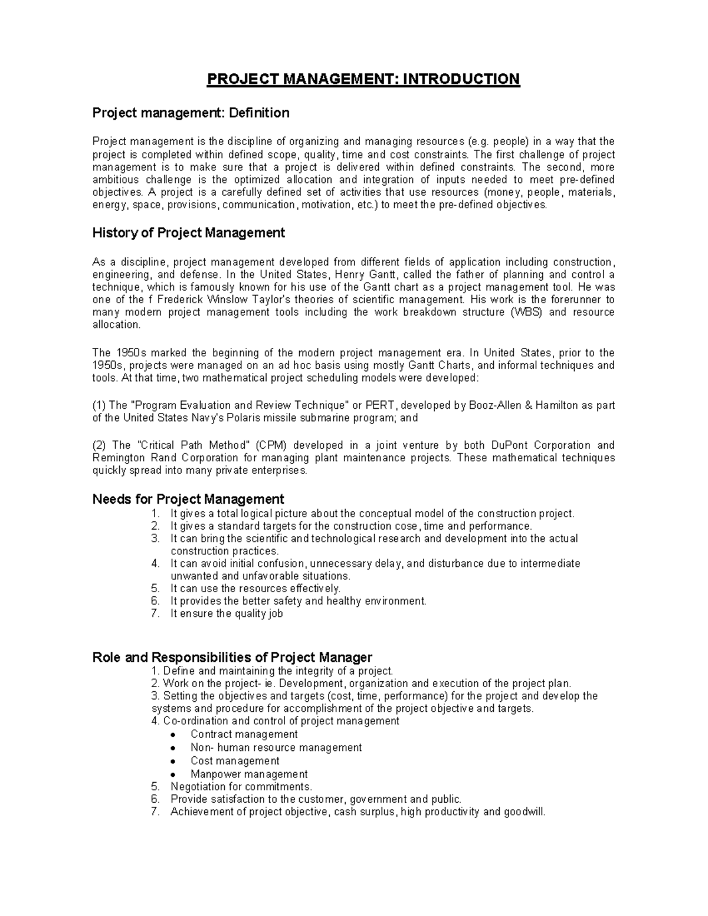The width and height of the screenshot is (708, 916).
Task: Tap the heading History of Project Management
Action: pyautogui.click(x=189, y=233)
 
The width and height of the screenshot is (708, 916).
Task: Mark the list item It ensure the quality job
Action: pyautogui.click(x=227, y=613)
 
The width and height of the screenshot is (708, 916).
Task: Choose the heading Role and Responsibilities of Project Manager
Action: pyautogui.click(x=232, y=657)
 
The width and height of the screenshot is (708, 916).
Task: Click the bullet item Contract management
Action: pyautogui.click(x=244, y=734)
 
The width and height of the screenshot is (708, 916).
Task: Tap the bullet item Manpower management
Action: pyautogui.click(x=249, y=774)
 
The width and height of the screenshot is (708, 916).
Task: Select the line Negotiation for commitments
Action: pyautogui.click(x=241, y=787)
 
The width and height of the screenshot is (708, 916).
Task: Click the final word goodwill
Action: pyautogui.click(x=524, y=812)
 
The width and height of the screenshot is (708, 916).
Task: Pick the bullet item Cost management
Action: pyautogui.click(x=235, y=761)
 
